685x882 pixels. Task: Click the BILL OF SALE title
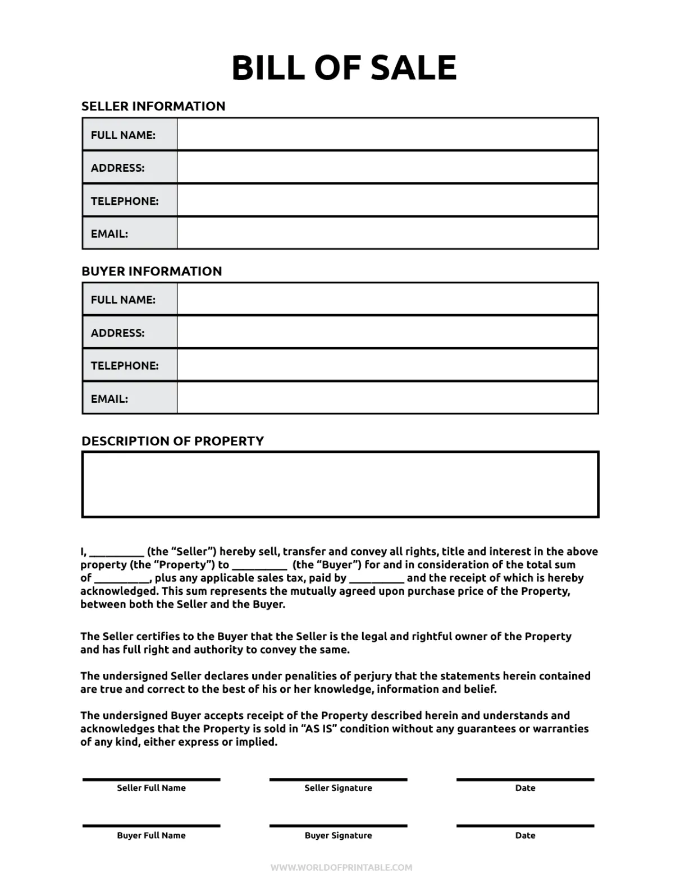coord(344,67)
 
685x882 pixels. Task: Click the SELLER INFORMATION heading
coord(153,106)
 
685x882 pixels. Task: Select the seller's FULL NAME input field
coord(387,135)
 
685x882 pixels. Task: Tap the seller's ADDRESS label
coord(117,168)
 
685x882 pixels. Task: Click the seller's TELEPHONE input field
coord(387,200)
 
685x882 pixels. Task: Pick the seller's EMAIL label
coord(109,234)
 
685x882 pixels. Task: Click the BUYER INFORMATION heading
coord(152,271)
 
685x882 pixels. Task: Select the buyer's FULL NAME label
coord(123,300)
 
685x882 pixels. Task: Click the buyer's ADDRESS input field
coord(387,332)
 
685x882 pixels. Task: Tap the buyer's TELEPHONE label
coord(125,366)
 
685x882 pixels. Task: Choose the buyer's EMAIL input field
coord(387,398)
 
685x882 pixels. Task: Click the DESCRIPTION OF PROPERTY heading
coord(172,441)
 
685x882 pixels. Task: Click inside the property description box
coord(340,484)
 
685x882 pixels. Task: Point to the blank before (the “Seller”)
coord(116,553)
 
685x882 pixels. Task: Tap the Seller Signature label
coord(338,788)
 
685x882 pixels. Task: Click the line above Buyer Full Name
coord(151,825)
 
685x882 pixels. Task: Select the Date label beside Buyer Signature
coord(525,835)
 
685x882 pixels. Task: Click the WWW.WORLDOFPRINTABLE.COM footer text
coord(341,867)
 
